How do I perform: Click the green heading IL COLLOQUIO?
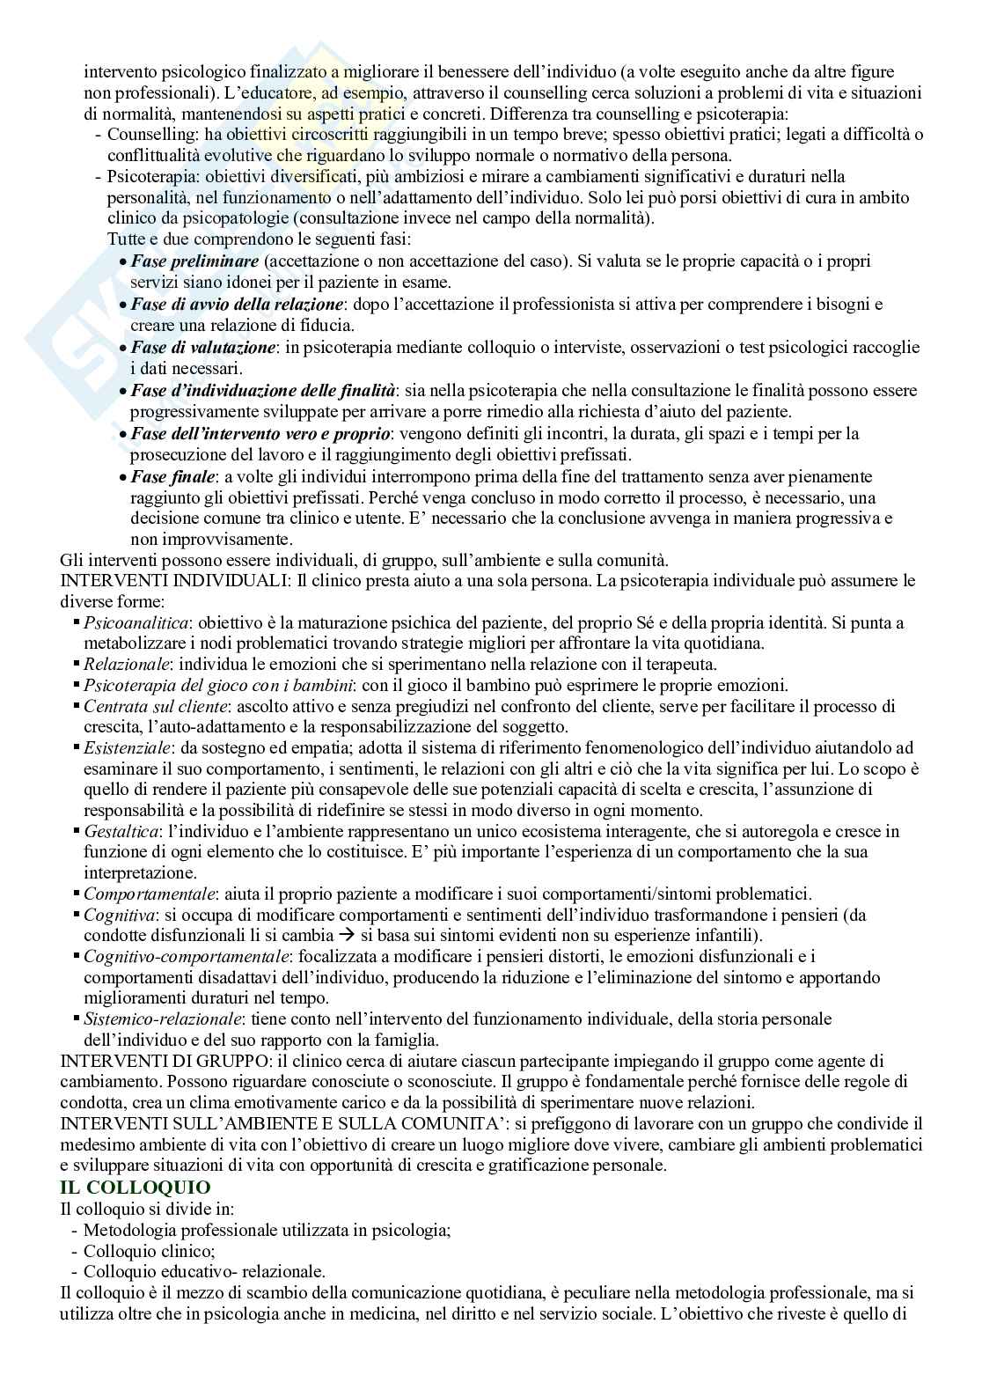[x=135, y=1188]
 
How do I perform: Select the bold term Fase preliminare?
[x=194, y=261]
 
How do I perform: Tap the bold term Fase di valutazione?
[x=203, y=348]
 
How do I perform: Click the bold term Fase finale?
[x=172, y=477]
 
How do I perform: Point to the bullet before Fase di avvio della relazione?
[x=123, y=305]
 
